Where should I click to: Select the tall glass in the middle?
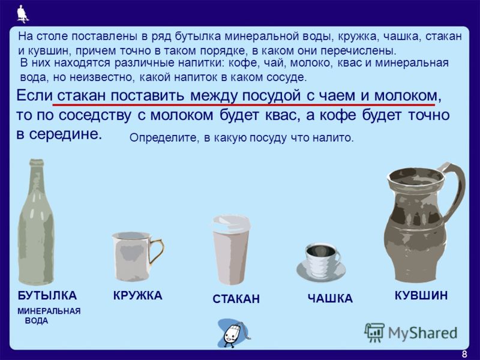click(x=232, y=250)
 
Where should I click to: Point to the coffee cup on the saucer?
click(x=322, y=263)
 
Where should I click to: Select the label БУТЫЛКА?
click(x=47, y=295)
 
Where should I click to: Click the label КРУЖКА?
click(x=138, y=295)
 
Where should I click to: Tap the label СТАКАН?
click(x=236, y=299)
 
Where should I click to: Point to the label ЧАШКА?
click(x=330, y=298)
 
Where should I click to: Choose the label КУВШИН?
click(x=421, y=295)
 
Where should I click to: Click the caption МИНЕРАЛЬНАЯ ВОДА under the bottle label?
click(x=49, y=316)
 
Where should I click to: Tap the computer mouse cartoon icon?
click(x=233, y=334)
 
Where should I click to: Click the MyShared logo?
click(x=411, y=332)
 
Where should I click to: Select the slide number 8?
click(x=464, y=354)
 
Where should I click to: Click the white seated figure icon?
click(x=22, y=14)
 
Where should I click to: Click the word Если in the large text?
click(x=34, y=96)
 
